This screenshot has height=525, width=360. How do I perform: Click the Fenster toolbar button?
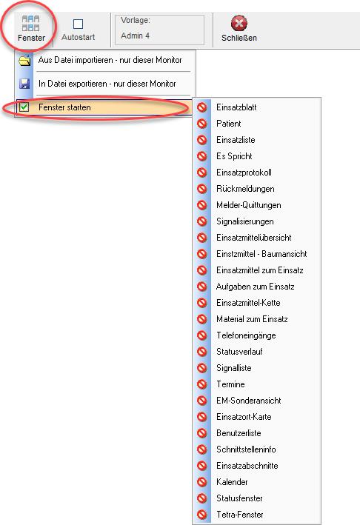[x=31, y=28]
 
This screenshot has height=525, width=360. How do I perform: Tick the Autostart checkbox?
[x=78, y=24]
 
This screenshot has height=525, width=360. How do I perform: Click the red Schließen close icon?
[x=239, y=23]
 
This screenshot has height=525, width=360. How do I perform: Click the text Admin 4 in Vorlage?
[x=135, y=36]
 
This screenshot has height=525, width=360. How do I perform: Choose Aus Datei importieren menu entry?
[x=110, y=60]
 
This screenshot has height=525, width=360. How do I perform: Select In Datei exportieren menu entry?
[x=107, y=84]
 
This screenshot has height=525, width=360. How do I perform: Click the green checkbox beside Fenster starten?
[x=24, y=107]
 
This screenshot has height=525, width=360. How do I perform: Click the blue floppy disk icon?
[x=24, y=84]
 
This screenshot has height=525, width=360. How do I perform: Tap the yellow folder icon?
[x=24, y=60]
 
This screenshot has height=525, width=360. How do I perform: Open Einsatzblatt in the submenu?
[x=236, y=107]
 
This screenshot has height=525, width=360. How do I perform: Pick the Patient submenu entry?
[x=229, y=124]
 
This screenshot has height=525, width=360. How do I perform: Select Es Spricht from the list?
[x=234, y=156]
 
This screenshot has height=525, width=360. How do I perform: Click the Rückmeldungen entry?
[x=245, y=189]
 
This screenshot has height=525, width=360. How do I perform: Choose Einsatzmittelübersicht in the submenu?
[x=254, y=238]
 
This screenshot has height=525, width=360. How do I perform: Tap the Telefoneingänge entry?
[x=246, y=335]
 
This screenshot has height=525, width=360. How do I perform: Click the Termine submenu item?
[x=230, y=384]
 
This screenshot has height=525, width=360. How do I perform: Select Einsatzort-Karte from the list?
[x=244, y=417]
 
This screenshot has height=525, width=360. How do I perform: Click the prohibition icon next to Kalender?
[x=202, y=482]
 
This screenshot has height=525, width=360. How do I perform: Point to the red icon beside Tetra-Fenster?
[x=202, y=515]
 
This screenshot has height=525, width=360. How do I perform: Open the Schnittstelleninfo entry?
[x=246, y=449]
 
